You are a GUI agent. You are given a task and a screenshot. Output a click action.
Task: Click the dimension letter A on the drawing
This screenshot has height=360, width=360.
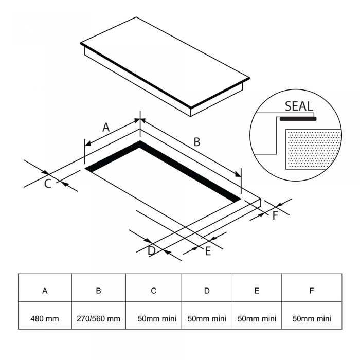click(105, 127)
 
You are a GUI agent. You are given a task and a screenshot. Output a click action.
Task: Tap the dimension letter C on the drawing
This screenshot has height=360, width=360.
click(47, 183)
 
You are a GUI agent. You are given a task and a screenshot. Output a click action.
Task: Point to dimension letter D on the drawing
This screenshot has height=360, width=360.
click(151, 250)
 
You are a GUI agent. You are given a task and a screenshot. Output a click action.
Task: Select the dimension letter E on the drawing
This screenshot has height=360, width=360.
click(208, 251)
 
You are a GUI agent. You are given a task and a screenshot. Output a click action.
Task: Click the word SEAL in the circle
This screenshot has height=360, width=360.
click(298, 106)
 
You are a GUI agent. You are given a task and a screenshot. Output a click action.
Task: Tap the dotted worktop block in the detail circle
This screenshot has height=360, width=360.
click(313, 149)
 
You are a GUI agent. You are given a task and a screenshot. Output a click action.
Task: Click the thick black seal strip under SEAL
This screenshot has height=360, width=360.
click(297, 119)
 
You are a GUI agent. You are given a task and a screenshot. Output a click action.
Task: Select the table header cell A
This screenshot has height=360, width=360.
click(45, 291)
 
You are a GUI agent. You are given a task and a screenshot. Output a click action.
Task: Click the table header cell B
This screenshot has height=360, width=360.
click(98, 291)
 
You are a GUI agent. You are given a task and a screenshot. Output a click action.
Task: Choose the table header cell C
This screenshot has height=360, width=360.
click(153, 291)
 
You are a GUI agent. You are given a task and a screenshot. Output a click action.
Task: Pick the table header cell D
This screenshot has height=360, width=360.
click(207, 291)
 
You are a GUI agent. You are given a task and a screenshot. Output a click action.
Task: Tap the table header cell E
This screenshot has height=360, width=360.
click(257, 291)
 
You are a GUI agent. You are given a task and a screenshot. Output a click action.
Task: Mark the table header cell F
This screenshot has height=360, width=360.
click(312, 291)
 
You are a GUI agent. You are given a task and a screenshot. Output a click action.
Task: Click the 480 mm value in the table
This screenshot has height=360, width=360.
click(45, 319)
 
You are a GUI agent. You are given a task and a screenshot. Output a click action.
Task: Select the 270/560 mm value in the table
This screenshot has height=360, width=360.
click(98, 319)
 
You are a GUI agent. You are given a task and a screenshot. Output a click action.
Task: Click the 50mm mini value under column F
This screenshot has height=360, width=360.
click(312, 319)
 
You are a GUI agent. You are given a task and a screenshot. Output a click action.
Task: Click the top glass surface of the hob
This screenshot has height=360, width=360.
click(165, 59)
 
